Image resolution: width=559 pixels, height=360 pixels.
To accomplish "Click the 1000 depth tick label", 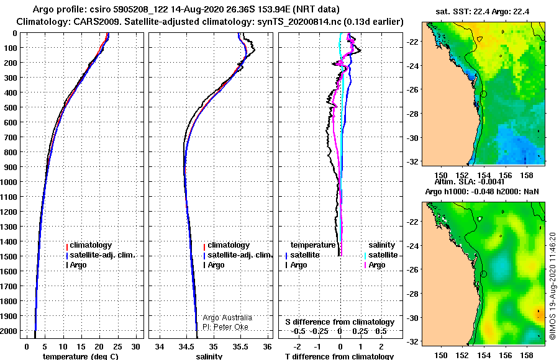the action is (9, 182).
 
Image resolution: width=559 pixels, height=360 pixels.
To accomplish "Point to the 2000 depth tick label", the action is (9, 331).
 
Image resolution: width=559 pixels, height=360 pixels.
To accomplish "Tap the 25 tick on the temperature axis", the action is (117, 347).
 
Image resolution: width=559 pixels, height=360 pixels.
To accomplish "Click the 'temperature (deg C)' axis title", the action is (81, 356).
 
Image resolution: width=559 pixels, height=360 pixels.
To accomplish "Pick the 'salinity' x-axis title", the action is (209, 356).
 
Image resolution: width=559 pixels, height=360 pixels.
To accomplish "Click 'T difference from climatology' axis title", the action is (339, 356).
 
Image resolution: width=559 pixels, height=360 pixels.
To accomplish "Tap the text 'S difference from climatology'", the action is (340, 322).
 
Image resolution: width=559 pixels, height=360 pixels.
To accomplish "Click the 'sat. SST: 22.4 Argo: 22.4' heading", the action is (483, 12).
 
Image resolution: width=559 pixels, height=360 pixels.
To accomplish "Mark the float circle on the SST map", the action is (484, 94).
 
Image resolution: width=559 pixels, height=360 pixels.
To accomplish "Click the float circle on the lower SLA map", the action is (484, 274).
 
